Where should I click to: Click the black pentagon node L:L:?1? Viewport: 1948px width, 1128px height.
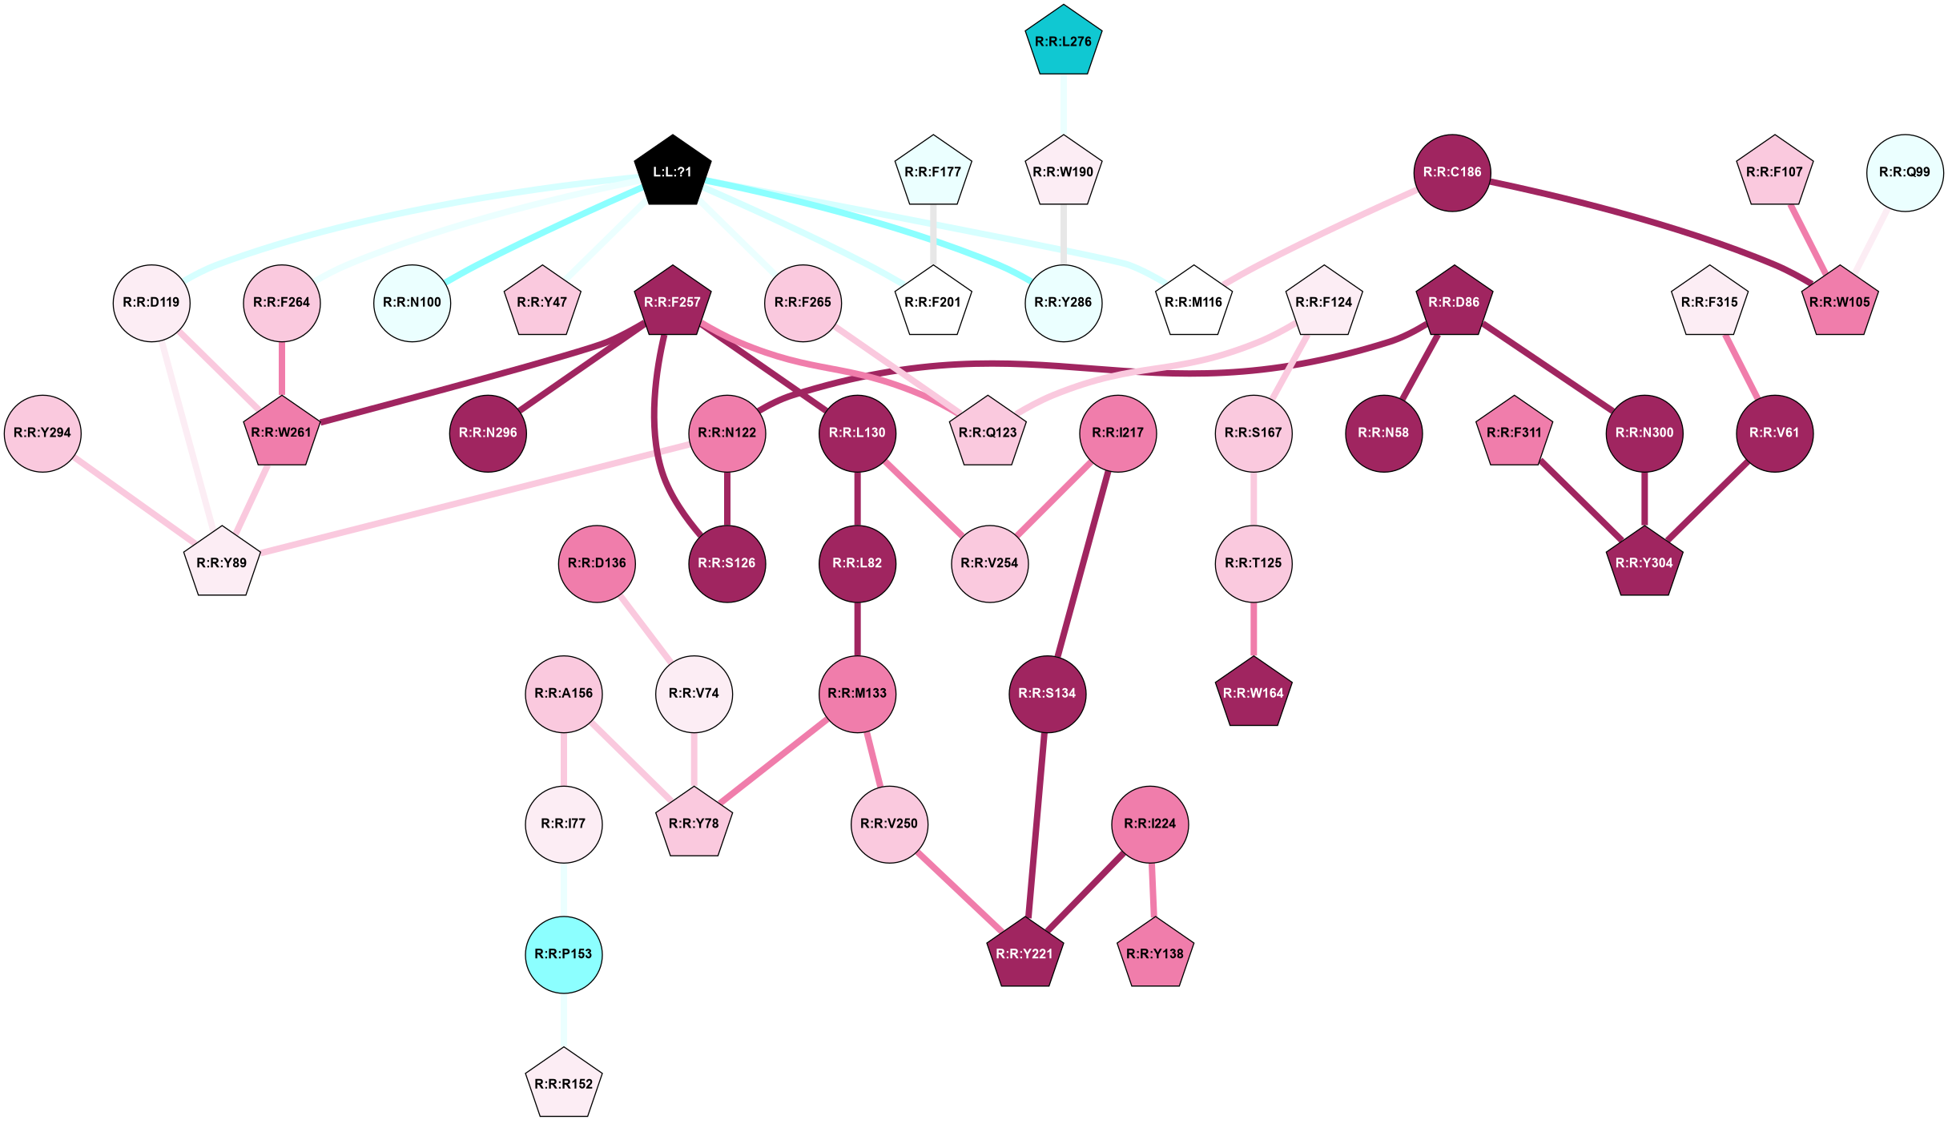coord(673,171)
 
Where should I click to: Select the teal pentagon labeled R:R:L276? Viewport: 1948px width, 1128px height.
coord(1064,42)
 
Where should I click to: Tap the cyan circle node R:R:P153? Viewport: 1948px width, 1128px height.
coord(564,954)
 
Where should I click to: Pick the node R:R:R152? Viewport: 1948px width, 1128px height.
coord(564,1084)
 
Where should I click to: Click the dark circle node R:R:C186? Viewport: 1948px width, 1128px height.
coord(1452,172)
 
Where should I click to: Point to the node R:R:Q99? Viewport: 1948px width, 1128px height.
coord(1905,172)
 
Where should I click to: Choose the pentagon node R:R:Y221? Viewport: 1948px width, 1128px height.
coord(1024,953)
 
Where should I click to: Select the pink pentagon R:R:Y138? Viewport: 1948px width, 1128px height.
coord(1155,953)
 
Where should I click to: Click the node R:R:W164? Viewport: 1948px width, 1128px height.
coord(1254,693)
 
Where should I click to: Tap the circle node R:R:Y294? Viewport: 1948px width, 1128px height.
coord(42,433)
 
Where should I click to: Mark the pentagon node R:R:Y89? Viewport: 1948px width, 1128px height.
coord(222,562)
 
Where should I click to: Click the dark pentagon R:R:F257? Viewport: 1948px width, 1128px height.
coord(673,303)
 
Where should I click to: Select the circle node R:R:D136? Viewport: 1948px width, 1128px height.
coord(597,563)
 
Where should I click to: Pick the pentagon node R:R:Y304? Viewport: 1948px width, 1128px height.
coord(1644,562)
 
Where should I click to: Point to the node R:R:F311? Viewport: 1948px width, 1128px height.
coord(1514,433)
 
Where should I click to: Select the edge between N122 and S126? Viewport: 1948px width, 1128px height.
coord(727,498)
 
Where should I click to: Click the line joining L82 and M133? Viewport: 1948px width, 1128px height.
coord(857,629)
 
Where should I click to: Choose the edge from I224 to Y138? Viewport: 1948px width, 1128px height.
coord(1153,889)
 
